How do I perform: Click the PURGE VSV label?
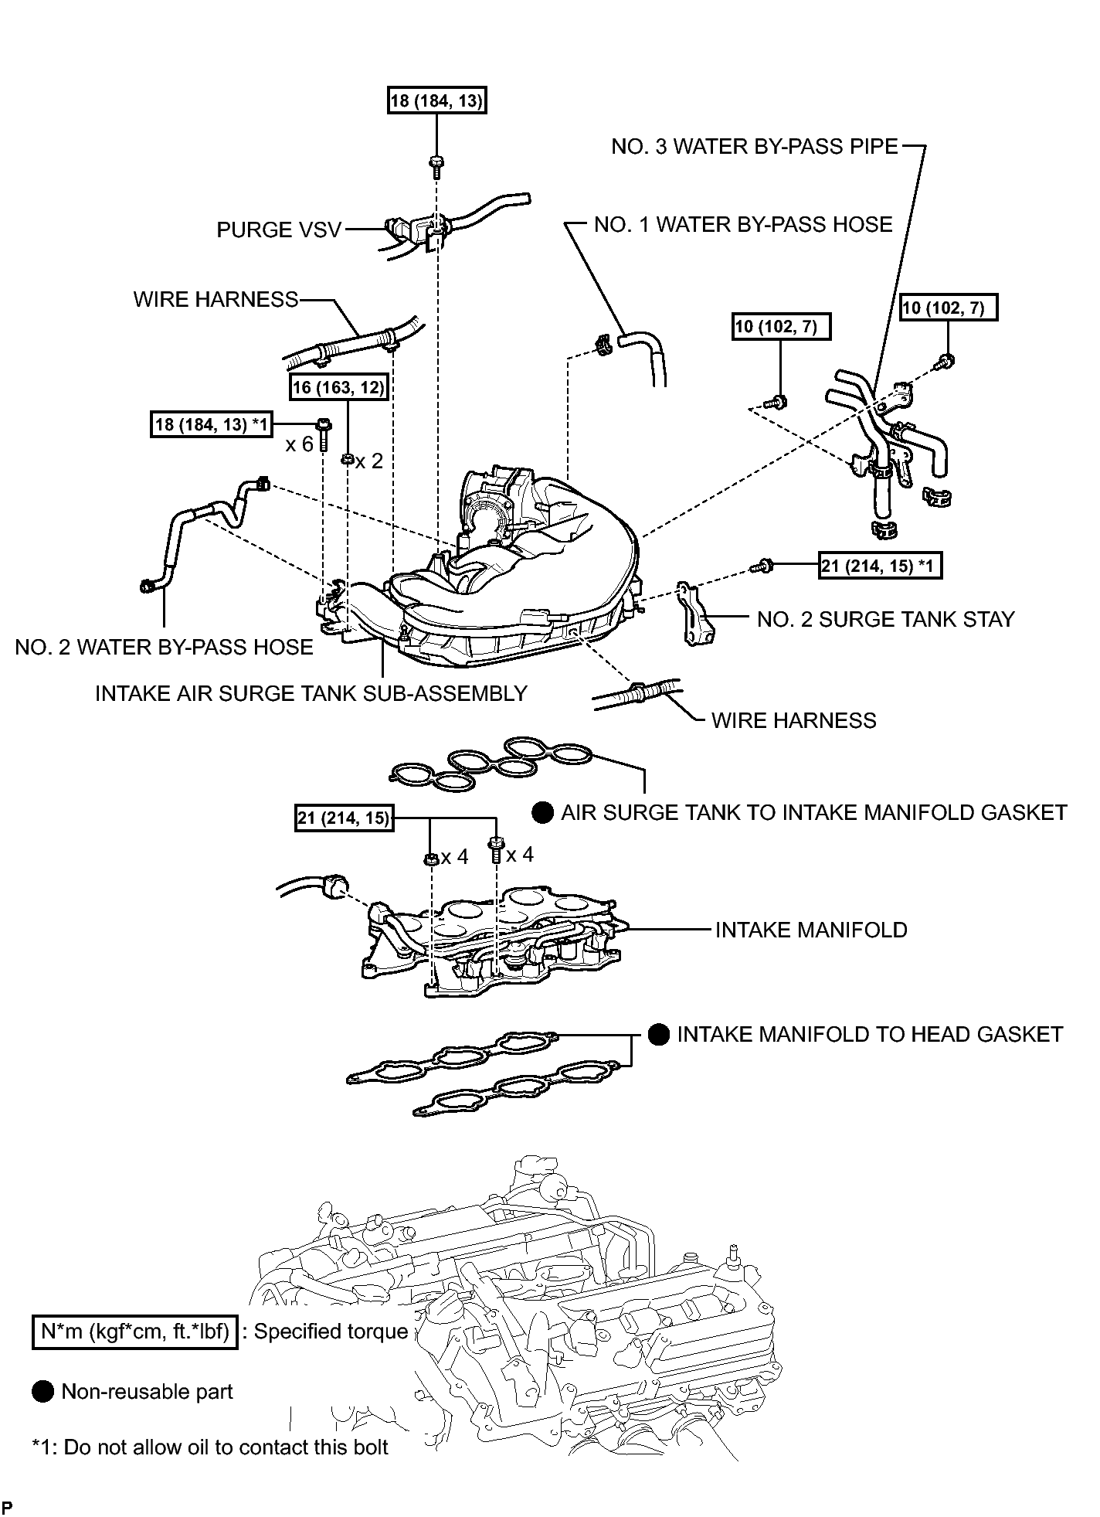point(278,230)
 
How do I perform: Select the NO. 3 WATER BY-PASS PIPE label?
point(755,147)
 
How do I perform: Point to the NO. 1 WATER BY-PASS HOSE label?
point(743,225)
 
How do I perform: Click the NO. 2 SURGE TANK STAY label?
point(886,620)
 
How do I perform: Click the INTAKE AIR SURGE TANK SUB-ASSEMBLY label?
point(311,694)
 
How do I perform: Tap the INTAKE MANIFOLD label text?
point(811,930)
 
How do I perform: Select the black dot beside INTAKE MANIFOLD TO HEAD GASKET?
point(659,1035)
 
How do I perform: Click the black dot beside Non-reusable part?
point(42,1392)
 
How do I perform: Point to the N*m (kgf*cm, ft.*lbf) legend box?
point(134,1332)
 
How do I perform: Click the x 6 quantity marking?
point(300,445)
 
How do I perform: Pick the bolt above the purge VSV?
point(436,165)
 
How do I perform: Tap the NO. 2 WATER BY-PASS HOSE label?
point(164,648)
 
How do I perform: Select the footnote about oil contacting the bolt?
point(210,1447)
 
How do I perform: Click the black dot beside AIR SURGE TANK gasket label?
point(543,813)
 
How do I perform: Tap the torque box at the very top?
point(437,100)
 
